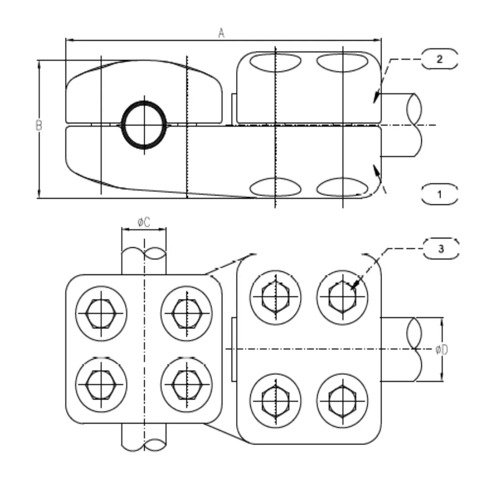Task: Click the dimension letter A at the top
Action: [221, 33]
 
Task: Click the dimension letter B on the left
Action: [39, 125]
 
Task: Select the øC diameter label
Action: [144, 222]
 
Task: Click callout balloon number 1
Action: [440, 195]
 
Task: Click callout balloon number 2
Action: [440, 59]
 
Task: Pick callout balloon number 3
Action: [441, 249]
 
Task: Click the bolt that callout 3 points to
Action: [342, 297]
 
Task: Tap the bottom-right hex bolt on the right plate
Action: [342, 399]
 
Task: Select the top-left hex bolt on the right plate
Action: [275, 297]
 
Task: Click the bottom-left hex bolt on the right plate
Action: [275, 399]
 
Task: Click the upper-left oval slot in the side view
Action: [275, 62]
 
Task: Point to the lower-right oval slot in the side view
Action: [342, 187]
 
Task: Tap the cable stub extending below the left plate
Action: [144, 436]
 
